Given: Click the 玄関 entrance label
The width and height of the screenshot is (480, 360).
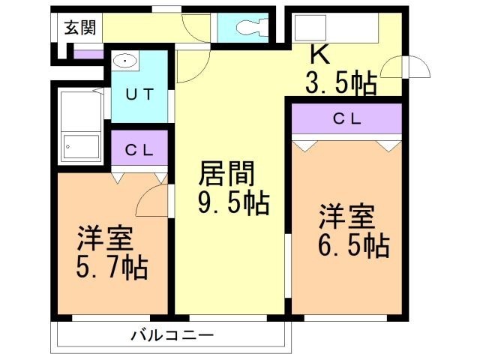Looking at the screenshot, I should [x=79, y=28].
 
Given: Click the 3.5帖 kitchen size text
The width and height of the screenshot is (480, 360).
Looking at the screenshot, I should [x=340, y=82].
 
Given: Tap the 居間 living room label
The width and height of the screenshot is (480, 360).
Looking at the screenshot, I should [x=226, y=174].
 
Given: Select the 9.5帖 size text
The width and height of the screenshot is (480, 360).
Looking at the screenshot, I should [x=232, y=202].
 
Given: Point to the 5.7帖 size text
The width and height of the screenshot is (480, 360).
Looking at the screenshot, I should [x=112, y=267].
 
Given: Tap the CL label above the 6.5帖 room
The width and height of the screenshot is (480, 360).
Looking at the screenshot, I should [x=348, y=118].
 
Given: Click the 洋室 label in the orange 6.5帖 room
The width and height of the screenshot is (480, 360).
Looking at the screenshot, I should [x=346, y=217].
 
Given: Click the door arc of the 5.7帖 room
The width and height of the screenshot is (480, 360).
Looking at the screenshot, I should [x=154, y=198].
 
